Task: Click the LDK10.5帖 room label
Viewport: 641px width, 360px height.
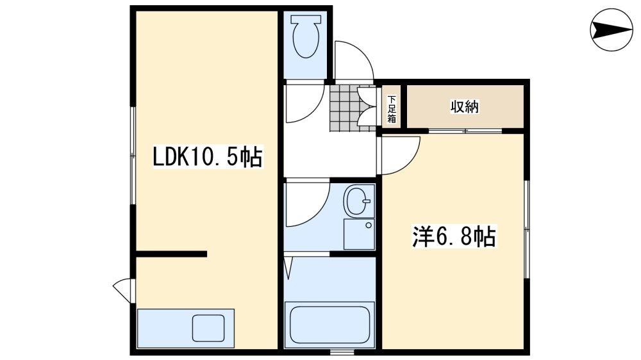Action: tap(207, 156)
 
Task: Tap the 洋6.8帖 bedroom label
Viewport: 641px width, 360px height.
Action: tap(453, 238)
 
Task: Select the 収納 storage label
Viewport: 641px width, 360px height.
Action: tap(463, 107)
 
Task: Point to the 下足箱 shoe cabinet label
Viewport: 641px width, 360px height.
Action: tap(392, 109)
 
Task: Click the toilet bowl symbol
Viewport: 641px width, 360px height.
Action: tap(304, 37)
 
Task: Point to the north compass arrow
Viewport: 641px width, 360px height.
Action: tap(610, 29)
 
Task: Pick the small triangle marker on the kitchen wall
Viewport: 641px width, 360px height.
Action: tap(122, 289)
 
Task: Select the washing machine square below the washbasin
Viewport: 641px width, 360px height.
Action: tap(358, 234)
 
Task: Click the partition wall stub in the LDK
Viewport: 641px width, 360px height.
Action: tap(171, 254)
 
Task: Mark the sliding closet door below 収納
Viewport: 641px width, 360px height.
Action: tap(465, 131)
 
